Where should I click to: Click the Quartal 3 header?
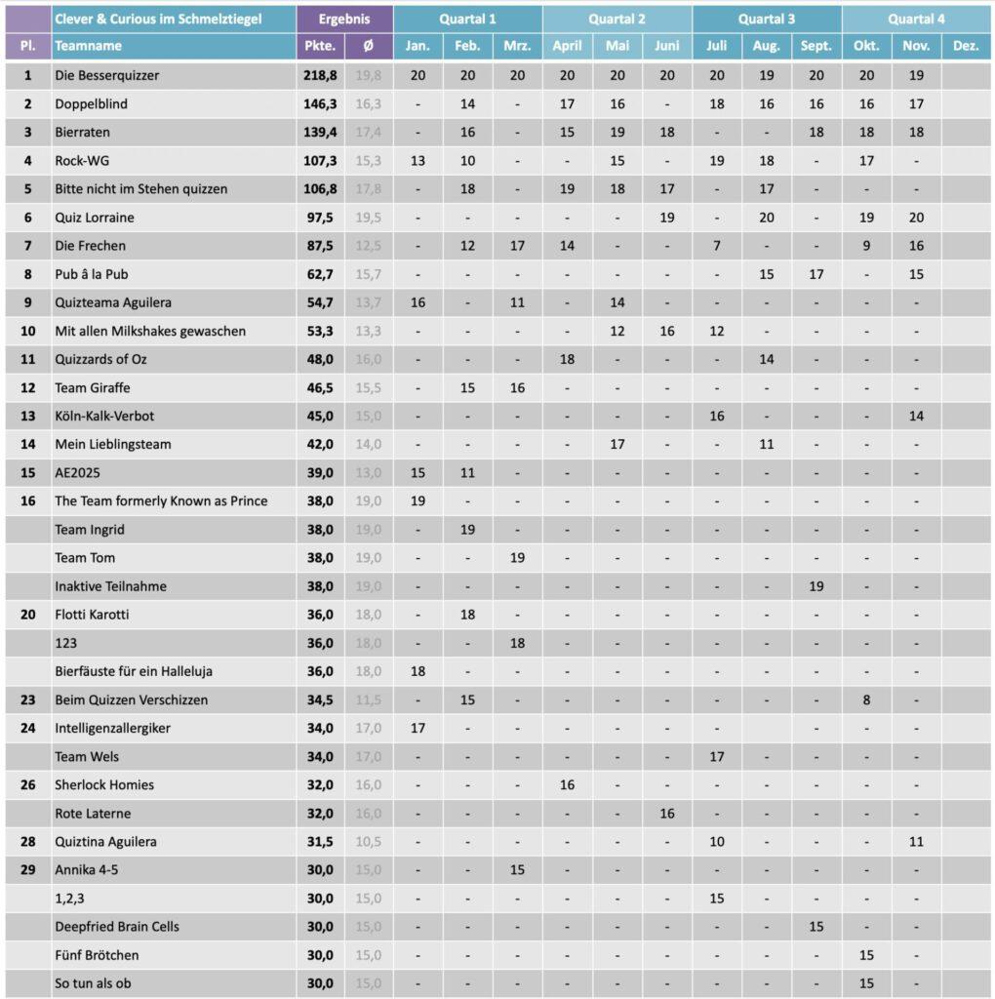(766, 19)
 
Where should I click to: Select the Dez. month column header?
(965, 46)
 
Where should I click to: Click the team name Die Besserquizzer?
(107, 75)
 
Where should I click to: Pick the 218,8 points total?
(319, 75)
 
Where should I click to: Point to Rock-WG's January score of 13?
(418, 160)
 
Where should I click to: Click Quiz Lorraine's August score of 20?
(766, 218)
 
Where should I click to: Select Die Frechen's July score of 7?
(716, 246)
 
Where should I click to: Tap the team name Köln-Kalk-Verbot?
(104, 416)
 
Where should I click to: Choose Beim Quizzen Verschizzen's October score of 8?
(866, 699)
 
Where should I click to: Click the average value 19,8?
(369, 75)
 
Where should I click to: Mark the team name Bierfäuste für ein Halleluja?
(134, 671)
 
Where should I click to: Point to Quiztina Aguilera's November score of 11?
(916, 841)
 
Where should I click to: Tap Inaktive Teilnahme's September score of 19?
(816, 586)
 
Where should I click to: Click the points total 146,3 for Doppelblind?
(319, 103)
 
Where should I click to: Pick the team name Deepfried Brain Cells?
(117, 926)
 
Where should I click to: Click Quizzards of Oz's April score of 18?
(567, 359)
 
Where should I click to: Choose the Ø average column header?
(369, 46)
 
